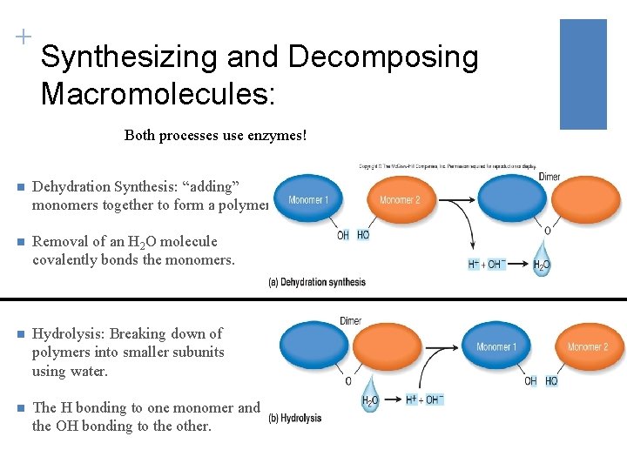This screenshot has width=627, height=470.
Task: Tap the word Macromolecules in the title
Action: pyautogui.click(x=158, y=93)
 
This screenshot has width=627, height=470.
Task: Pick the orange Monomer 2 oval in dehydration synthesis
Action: pyautogui.click(x=400, y=199)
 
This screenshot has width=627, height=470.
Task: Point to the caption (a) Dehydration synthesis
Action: pyautogui.click(x=317, y=282)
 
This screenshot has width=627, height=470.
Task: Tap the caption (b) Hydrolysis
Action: pyautogui.click(x=295, y=419)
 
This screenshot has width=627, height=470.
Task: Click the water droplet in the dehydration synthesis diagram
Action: pyautogui.click(x=542, y=259)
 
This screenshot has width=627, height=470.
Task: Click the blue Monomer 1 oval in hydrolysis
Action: pyautogui.click(x=496, y=346)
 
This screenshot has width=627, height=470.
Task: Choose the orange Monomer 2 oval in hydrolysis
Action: pyautogui.click(x=588, y=346)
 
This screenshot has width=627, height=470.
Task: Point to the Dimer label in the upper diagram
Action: pyautogui.click(x=549, y=177)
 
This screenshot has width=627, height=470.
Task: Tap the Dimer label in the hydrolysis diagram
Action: pyautogui.click(x=350, y=321)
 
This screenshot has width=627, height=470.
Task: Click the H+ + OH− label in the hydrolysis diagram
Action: pyautogui.click(x=425, y=399)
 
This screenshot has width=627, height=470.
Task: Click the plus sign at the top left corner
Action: pyautogui.click(x=23, y=37)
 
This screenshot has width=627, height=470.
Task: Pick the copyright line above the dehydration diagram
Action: pyautogui.click(x=448, y=165)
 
